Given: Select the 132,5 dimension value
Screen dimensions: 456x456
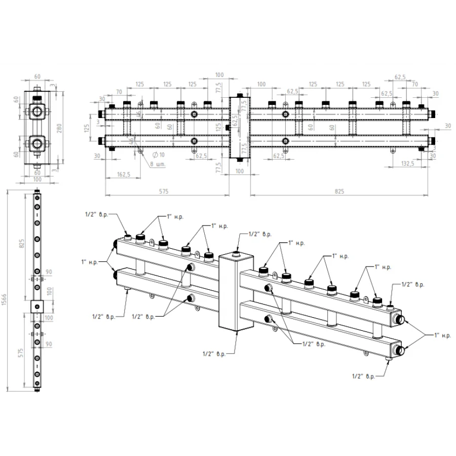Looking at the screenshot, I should [407, 163].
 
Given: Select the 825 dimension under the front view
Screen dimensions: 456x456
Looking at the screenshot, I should [339, 191].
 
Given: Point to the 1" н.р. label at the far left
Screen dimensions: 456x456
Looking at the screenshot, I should [90, 261].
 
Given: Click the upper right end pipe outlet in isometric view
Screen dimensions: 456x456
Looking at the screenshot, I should [400, 319].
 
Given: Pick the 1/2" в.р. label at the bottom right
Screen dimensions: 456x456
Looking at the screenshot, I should [363, 377].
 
